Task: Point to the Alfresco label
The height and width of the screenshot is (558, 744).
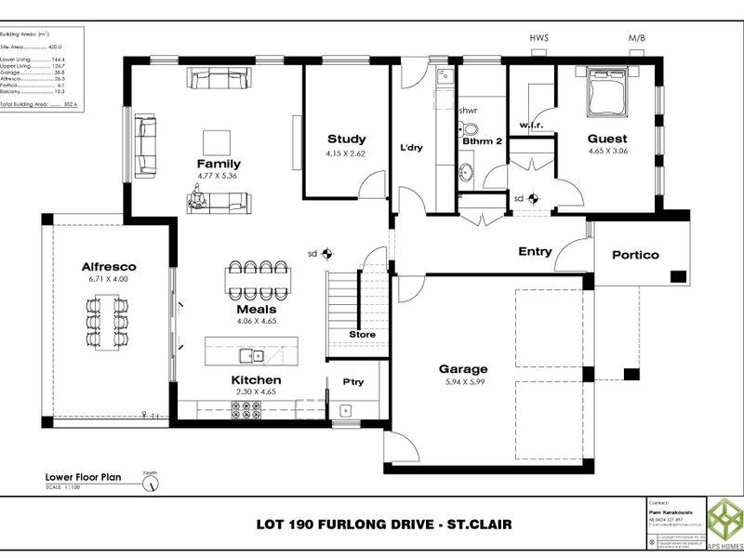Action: (109, 266)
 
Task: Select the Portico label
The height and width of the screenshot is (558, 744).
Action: (635, 255)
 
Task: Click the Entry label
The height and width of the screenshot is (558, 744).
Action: (535, 251)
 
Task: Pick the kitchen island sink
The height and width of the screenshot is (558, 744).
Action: (248, 354)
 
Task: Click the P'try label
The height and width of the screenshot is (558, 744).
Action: (353, 381)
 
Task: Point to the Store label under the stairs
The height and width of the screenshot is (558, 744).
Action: (362, 334)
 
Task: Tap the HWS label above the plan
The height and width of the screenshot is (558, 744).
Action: (539, 38)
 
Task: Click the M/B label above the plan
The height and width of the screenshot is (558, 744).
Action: (637, 38)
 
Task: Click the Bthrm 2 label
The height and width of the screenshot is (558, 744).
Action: (483, 140)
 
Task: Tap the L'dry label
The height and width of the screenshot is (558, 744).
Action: (412, 147)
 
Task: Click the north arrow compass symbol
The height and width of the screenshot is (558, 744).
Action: (150, 483)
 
